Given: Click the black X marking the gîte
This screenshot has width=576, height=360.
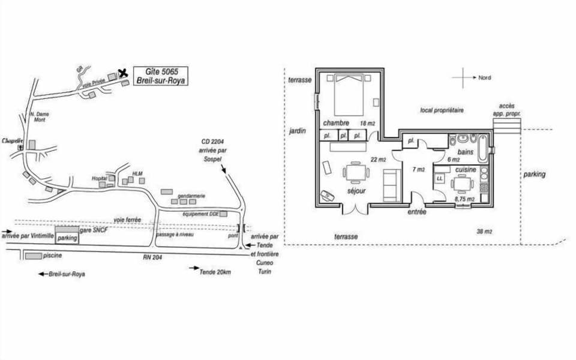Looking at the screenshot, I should click(x=123, y=73).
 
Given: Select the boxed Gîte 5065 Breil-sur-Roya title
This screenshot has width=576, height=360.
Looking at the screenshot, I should click(x=160, y=76).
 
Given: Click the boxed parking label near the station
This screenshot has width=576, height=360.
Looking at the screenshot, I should click(x=68, y=238).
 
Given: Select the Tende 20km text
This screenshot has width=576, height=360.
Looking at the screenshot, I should click(x=215, y=272).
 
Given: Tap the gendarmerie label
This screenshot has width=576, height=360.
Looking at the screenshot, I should click(x=191, y=195).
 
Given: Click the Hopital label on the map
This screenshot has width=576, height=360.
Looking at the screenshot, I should click(x=99, y=178).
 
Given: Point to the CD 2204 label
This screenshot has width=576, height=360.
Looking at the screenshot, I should click(x=214, y=142).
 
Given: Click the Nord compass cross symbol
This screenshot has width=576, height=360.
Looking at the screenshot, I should click(x=463, y=78).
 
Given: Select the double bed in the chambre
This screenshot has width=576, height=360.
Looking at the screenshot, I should click(x=349, y=94).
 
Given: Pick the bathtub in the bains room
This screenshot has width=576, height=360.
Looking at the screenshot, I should click(x=482, y=147).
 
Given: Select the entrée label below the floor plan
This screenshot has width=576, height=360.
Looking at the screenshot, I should click(x=417, y=212).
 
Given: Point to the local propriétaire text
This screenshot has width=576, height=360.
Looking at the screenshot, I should click(x=442, y=110).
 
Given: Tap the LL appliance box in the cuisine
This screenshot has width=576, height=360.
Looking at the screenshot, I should click(x=440, y=178).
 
